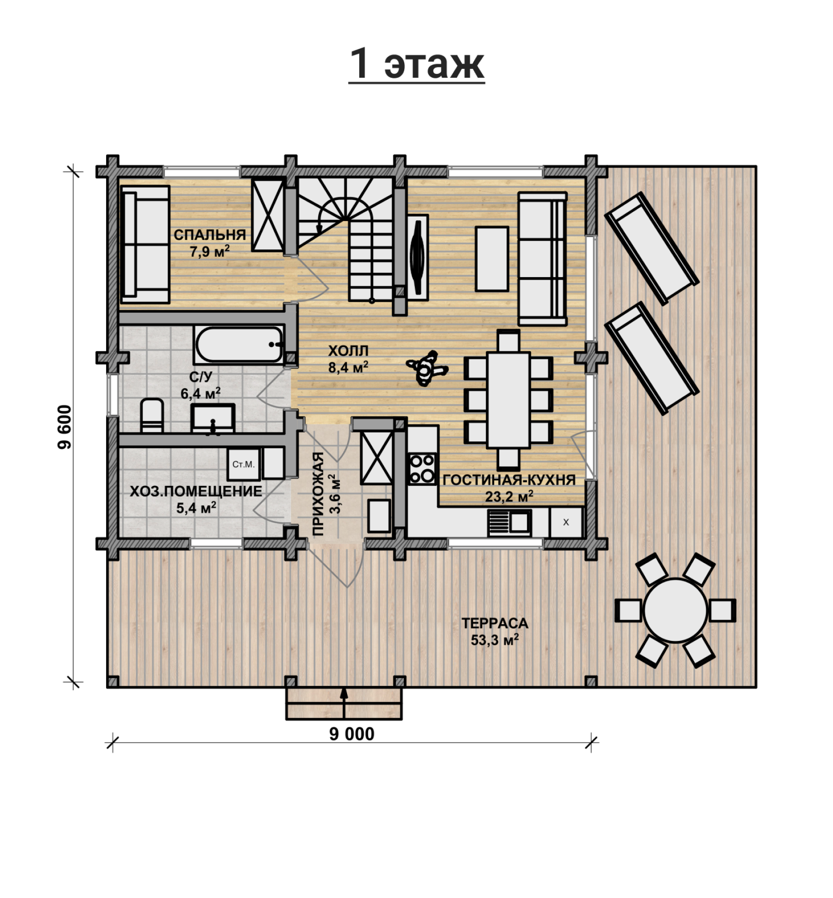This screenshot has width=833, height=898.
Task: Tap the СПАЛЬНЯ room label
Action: tap(210, 235)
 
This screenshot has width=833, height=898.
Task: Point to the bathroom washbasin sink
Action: tap(213, 418)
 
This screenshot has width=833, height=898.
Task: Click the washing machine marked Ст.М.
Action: tap(243, 464)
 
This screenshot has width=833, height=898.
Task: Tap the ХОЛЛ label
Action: tap(348, 350)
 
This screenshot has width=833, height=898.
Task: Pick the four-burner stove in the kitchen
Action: tap(421, 469)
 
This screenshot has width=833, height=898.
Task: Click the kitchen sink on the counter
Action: tap(509, 523)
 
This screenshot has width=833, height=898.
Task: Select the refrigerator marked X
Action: tap(566, 522)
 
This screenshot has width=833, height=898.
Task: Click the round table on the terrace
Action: tap(675, 610)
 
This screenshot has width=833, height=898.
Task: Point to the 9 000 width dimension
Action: tap(351, 734)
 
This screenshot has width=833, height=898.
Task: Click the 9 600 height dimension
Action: tap(65, 426)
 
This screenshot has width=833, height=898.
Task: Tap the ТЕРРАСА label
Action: tap(495, 623)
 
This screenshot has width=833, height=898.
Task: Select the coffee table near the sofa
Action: tap(492, 259)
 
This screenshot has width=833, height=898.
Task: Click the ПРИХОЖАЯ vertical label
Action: tap(318, 494)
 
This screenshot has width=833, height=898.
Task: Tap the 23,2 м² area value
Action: tap(509, 497)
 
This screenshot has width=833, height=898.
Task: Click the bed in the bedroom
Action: tap(145, 244)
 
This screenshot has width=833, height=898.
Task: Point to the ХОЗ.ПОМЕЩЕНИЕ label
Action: tap(196, 491)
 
